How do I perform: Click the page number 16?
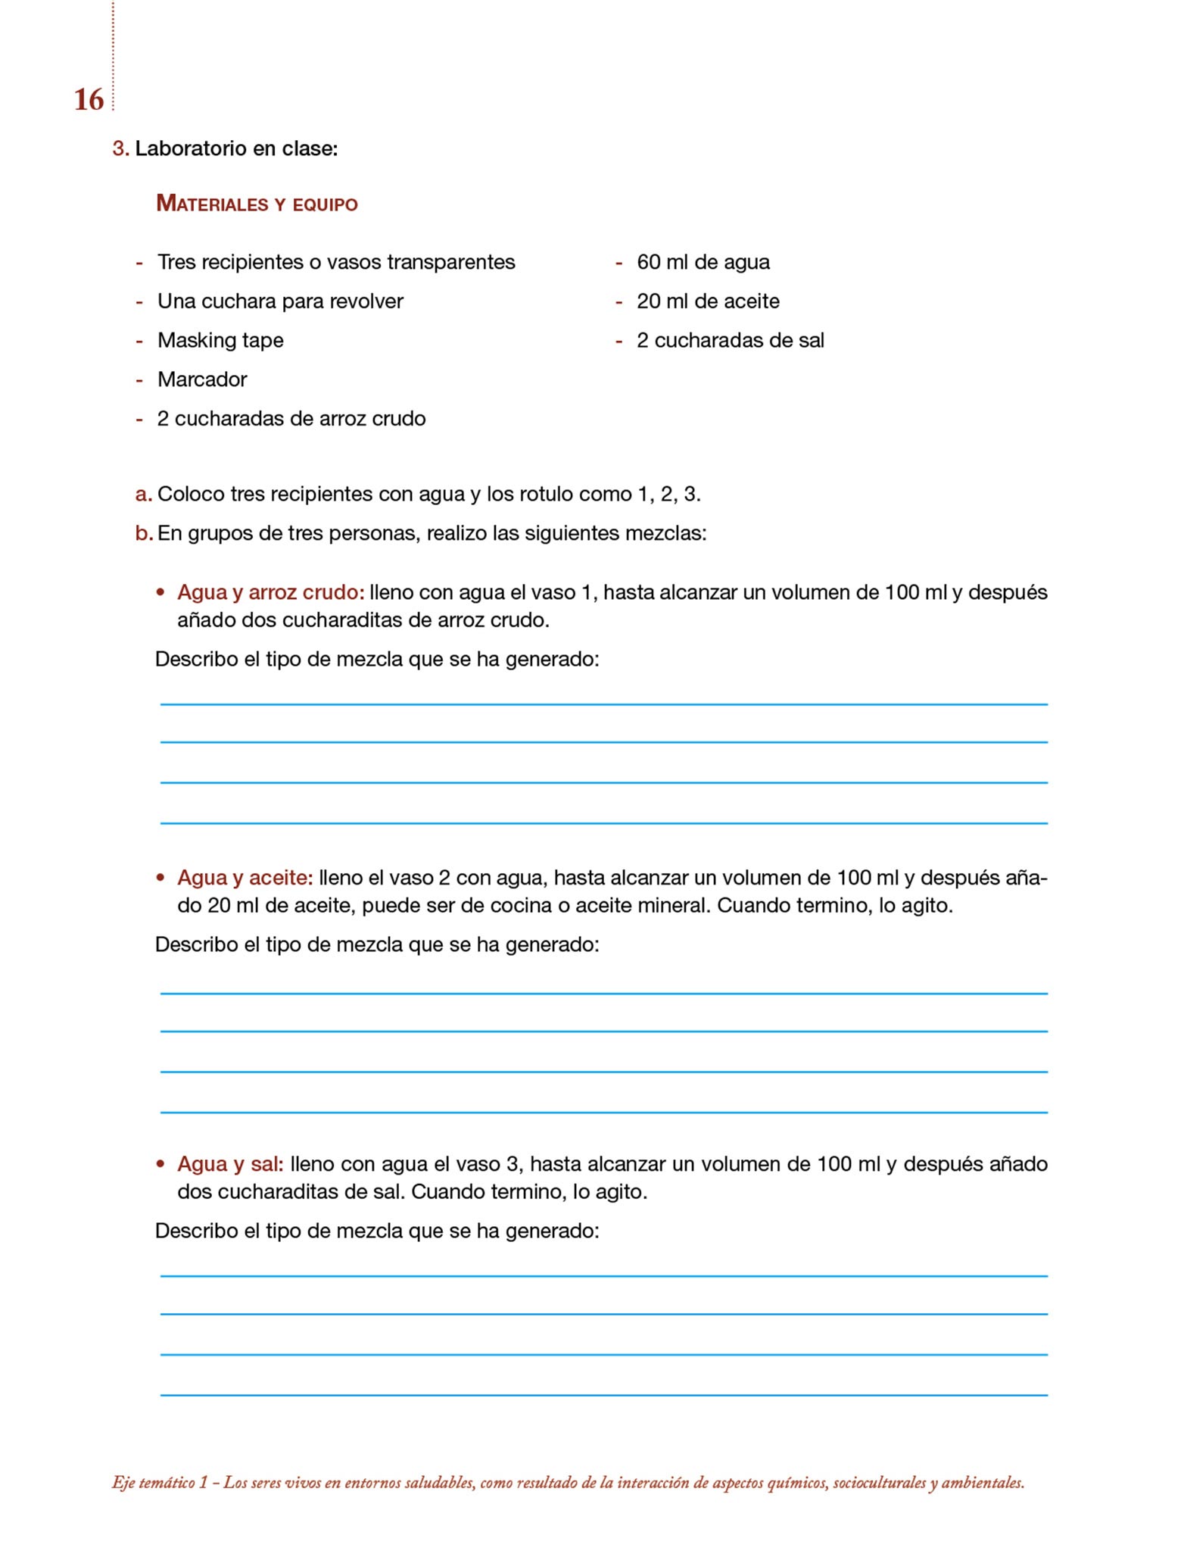tap(89, 100)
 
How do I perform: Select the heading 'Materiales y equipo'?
tap(257, 204)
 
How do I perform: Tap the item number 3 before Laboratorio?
tap(120, 148)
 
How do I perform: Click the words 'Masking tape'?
tap(220, 340)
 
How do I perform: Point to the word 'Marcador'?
tap(202, 379)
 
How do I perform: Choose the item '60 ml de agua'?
tap(703, 262)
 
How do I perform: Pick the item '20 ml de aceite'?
tap(708, 301)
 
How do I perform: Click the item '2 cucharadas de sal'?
tap(730, 341)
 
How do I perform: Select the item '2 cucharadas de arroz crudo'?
tap(291, 419)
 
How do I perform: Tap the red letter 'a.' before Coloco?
tap(143, 495)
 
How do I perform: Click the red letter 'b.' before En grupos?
tap(143, 534)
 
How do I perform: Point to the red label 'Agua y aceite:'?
tap(245, 878)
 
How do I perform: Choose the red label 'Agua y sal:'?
tap(230, 1164)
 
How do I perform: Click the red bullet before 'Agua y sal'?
tap(160, 1164)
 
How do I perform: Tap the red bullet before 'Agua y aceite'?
tap(160, 878)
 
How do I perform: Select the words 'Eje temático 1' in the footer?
tap(160, 1483)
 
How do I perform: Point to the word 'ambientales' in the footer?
tap(982, 1483)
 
